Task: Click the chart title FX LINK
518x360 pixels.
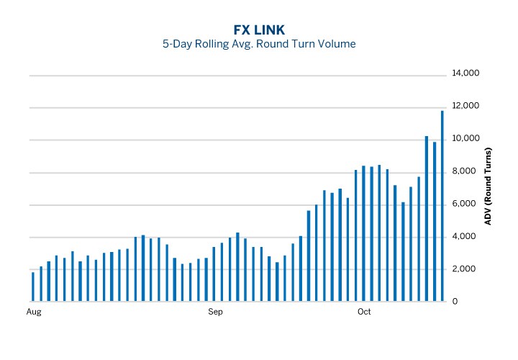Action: coord(259,30)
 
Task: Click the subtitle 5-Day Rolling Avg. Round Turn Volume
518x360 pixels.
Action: coord(259,44)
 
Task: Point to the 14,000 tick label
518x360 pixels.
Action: coord(465,74)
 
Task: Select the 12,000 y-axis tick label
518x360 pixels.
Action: coord(465,107)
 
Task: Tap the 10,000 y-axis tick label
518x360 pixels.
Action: coord(465,139)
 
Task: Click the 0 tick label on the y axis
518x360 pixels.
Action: coord(455,302)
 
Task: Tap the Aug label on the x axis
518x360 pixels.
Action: coord(33,312)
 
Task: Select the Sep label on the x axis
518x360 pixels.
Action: coord(216,312)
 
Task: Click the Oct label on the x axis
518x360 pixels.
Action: coord(364,312)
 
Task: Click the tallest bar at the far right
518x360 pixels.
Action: coord(442,206)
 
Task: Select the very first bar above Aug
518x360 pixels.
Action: coord(33,287)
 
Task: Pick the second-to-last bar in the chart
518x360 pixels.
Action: coord(435,222)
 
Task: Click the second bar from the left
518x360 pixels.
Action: coord(41,284)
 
